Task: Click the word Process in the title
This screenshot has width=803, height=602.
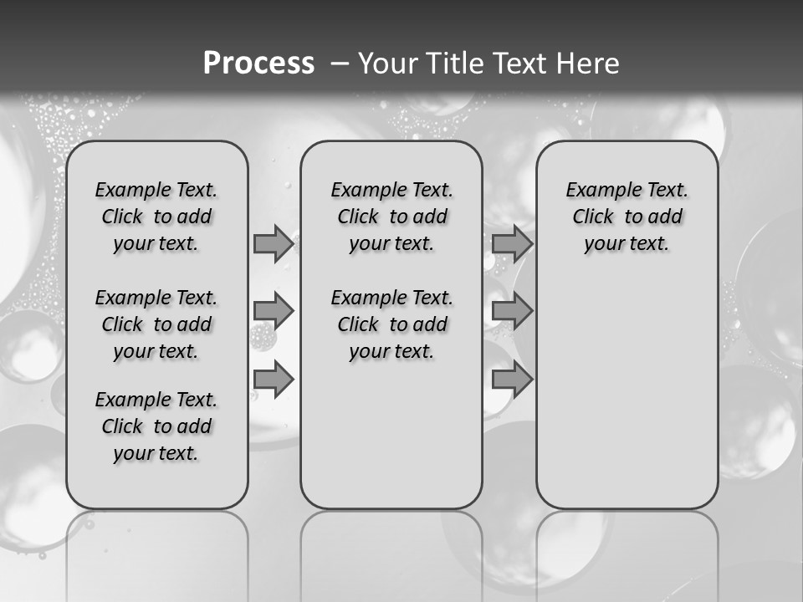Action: (x=258, y=63)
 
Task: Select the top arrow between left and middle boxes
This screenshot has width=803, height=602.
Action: (x=274, y=243)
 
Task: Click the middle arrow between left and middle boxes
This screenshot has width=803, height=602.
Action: (x=274, y=312)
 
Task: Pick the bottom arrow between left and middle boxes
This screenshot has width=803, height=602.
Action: (x=274, y=380)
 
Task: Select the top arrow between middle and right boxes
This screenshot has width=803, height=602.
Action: (x=512, y=243)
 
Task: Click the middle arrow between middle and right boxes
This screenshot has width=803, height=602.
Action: (x=512, y=312)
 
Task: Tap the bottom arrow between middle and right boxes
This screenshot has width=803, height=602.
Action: (x=512, y=380)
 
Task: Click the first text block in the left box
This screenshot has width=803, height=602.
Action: (x=156, y=217)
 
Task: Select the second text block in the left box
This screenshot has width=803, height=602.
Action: (x=156, y=324)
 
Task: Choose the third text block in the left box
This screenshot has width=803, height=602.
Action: (x=156, y=426)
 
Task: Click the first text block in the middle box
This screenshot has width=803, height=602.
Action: (x=391, y=217)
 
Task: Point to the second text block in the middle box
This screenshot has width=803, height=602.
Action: (x=391, y=324)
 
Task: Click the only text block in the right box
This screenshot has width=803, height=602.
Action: (x=627, y=217)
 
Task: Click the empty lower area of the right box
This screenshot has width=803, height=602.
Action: (x=627, y=401)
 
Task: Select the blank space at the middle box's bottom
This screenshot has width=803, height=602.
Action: (x=391, y=443)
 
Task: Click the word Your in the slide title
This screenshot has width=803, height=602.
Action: (x=389, y=64)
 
